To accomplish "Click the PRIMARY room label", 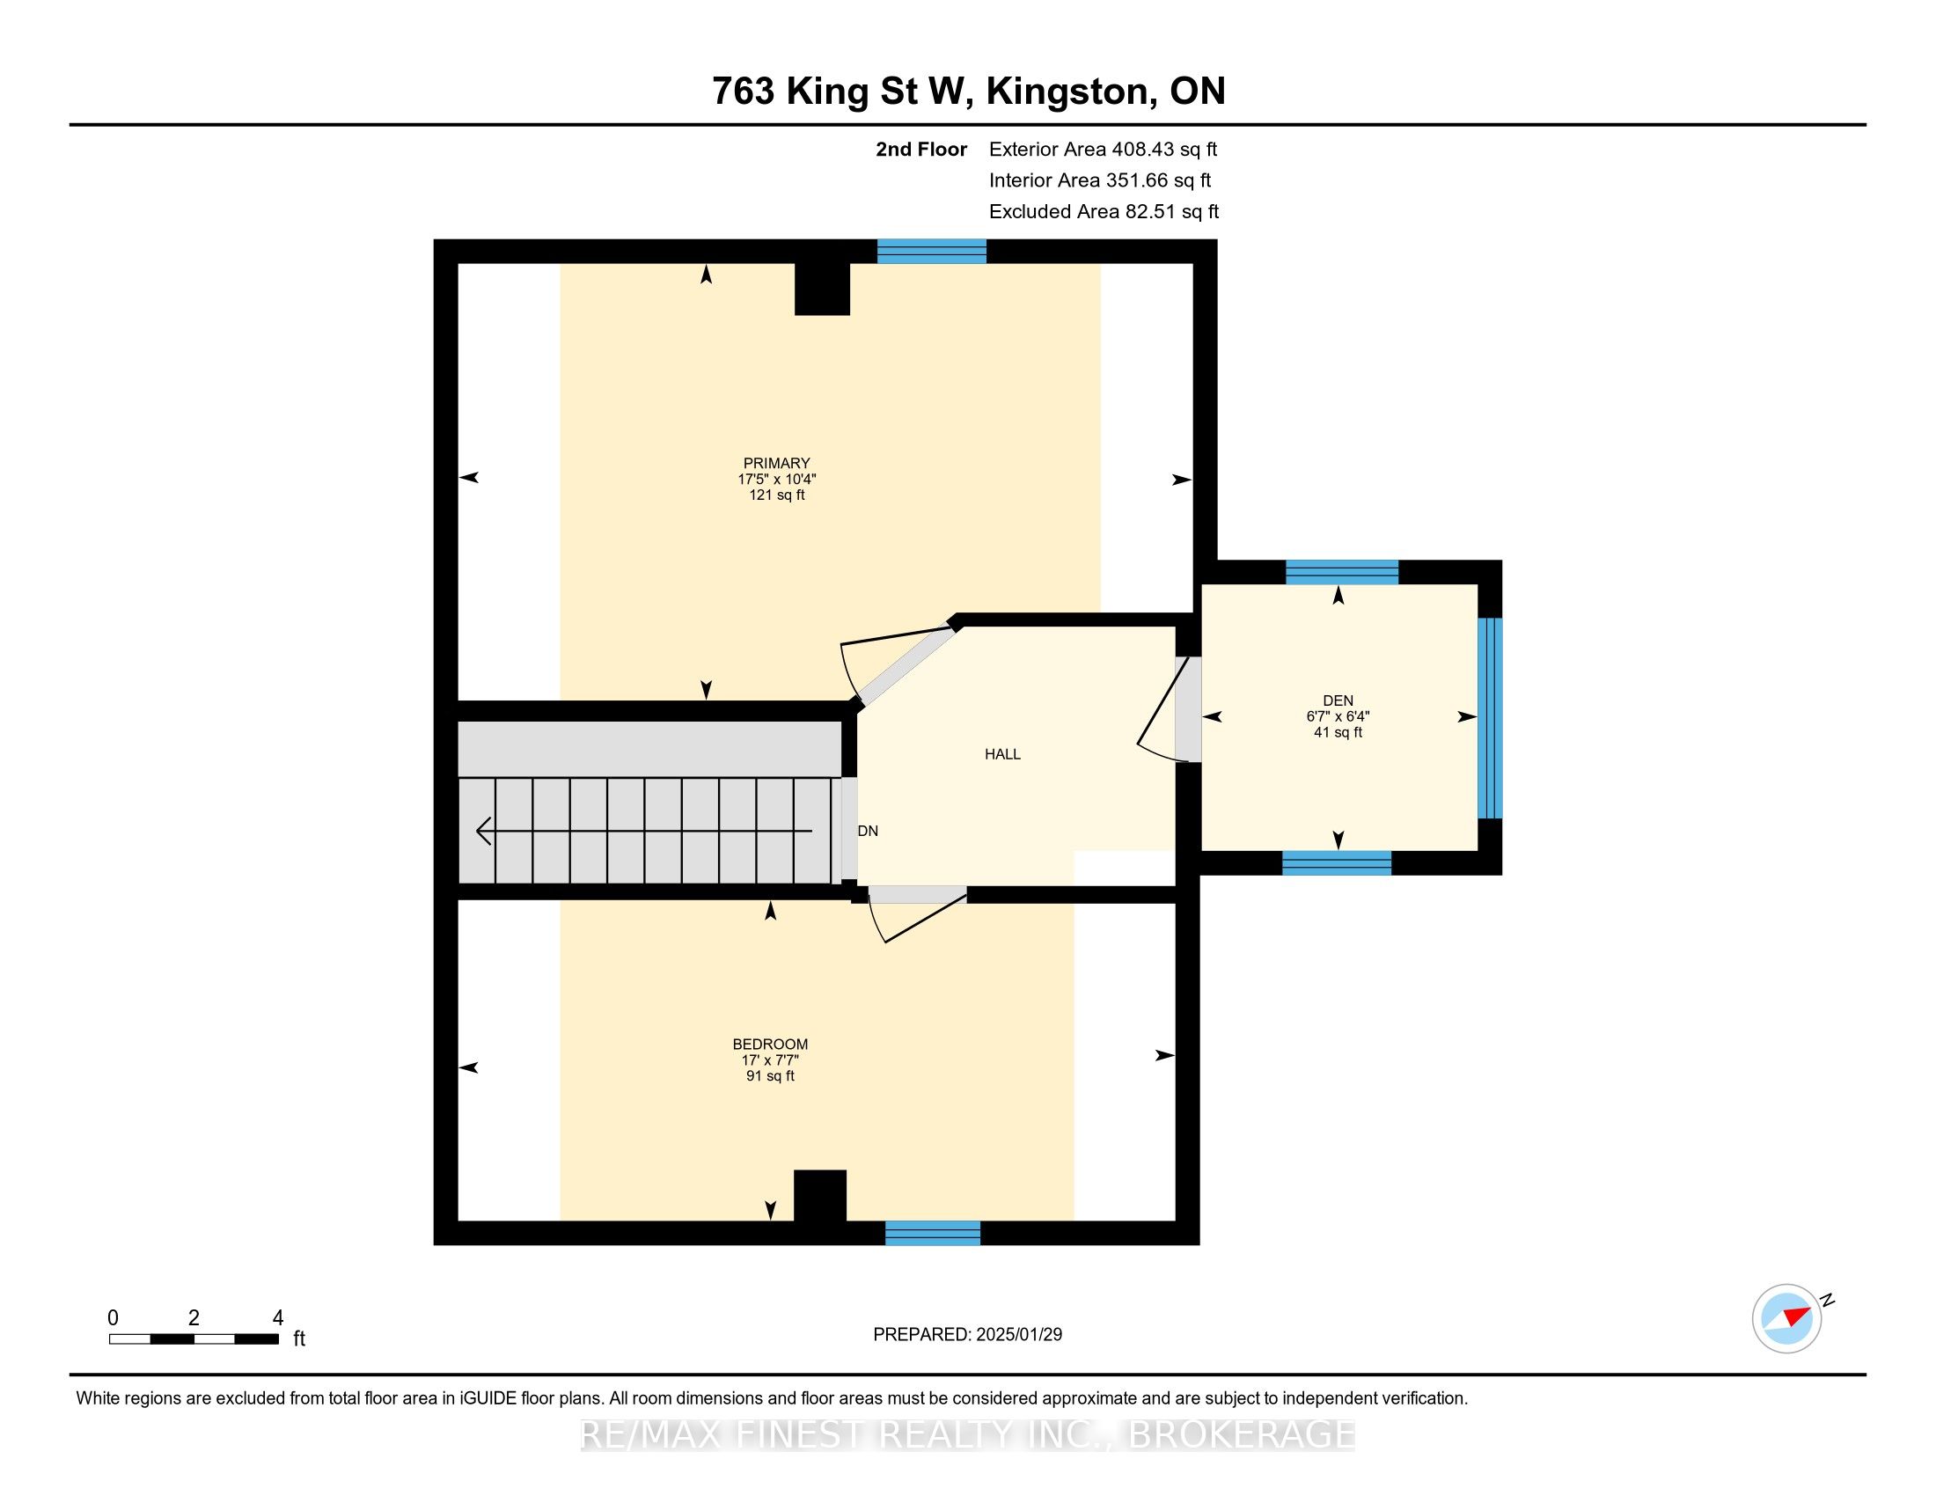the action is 776,463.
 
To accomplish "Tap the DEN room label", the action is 1338,700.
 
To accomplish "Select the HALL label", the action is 1002,754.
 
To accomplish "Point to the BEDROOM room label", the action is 770,1044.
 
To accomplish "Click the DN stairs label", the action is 868,831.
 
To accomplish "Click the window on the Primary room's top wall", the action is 932,251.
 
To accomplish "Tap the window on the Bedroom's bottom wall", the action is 933,1233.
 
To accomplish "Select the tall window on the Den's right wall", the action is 1490,718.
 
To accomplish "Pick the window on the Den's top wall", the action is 1342,573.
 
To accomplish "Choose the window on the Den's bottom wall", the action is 1337,863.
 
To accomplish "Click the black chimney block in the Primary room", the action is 823,289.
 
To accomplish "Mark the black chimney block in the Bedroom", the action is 820,1196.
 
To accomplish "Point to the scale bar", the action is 194,1339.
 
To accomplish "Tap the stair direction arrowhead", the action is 484,832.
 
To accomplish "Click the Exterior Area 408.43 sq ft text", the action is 1103,150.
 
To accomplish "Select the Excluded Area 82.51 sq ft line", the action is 1104,212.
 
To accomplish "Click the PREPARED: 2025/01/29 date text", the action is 967,1335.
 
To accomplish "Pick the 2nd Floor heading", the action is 921,150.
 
